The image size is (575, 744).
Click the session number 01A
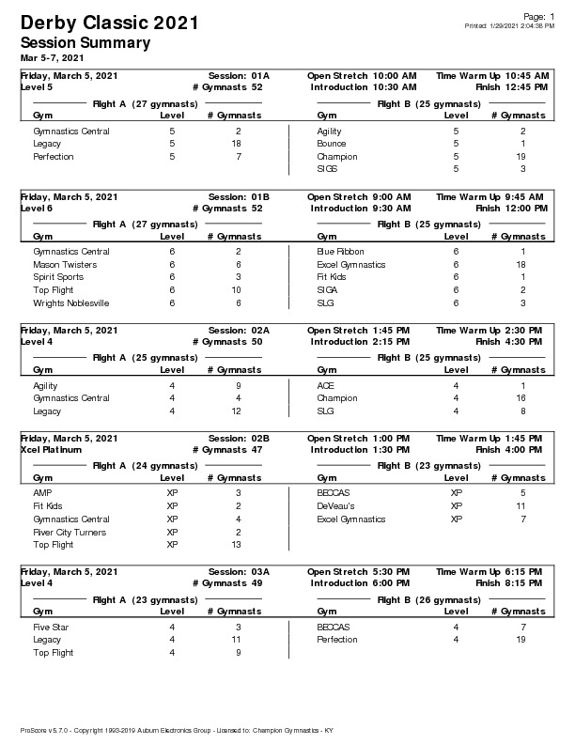(260, 75)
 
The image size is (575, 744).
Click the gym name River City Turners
(70, 533)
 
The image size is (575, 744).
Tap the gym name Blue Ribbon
(340, 252)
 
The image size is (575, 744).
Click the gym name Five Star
(52, 627)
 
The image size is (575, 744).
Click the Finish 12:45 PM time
(512, 86)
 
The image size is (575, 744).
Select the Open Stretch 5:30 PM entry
(358, 571)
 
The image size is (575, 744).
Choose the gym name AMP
(42, 492)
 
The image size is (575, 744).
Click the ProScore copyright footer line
(177, 730)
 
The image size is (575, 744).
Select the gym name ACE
(326, 385)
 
